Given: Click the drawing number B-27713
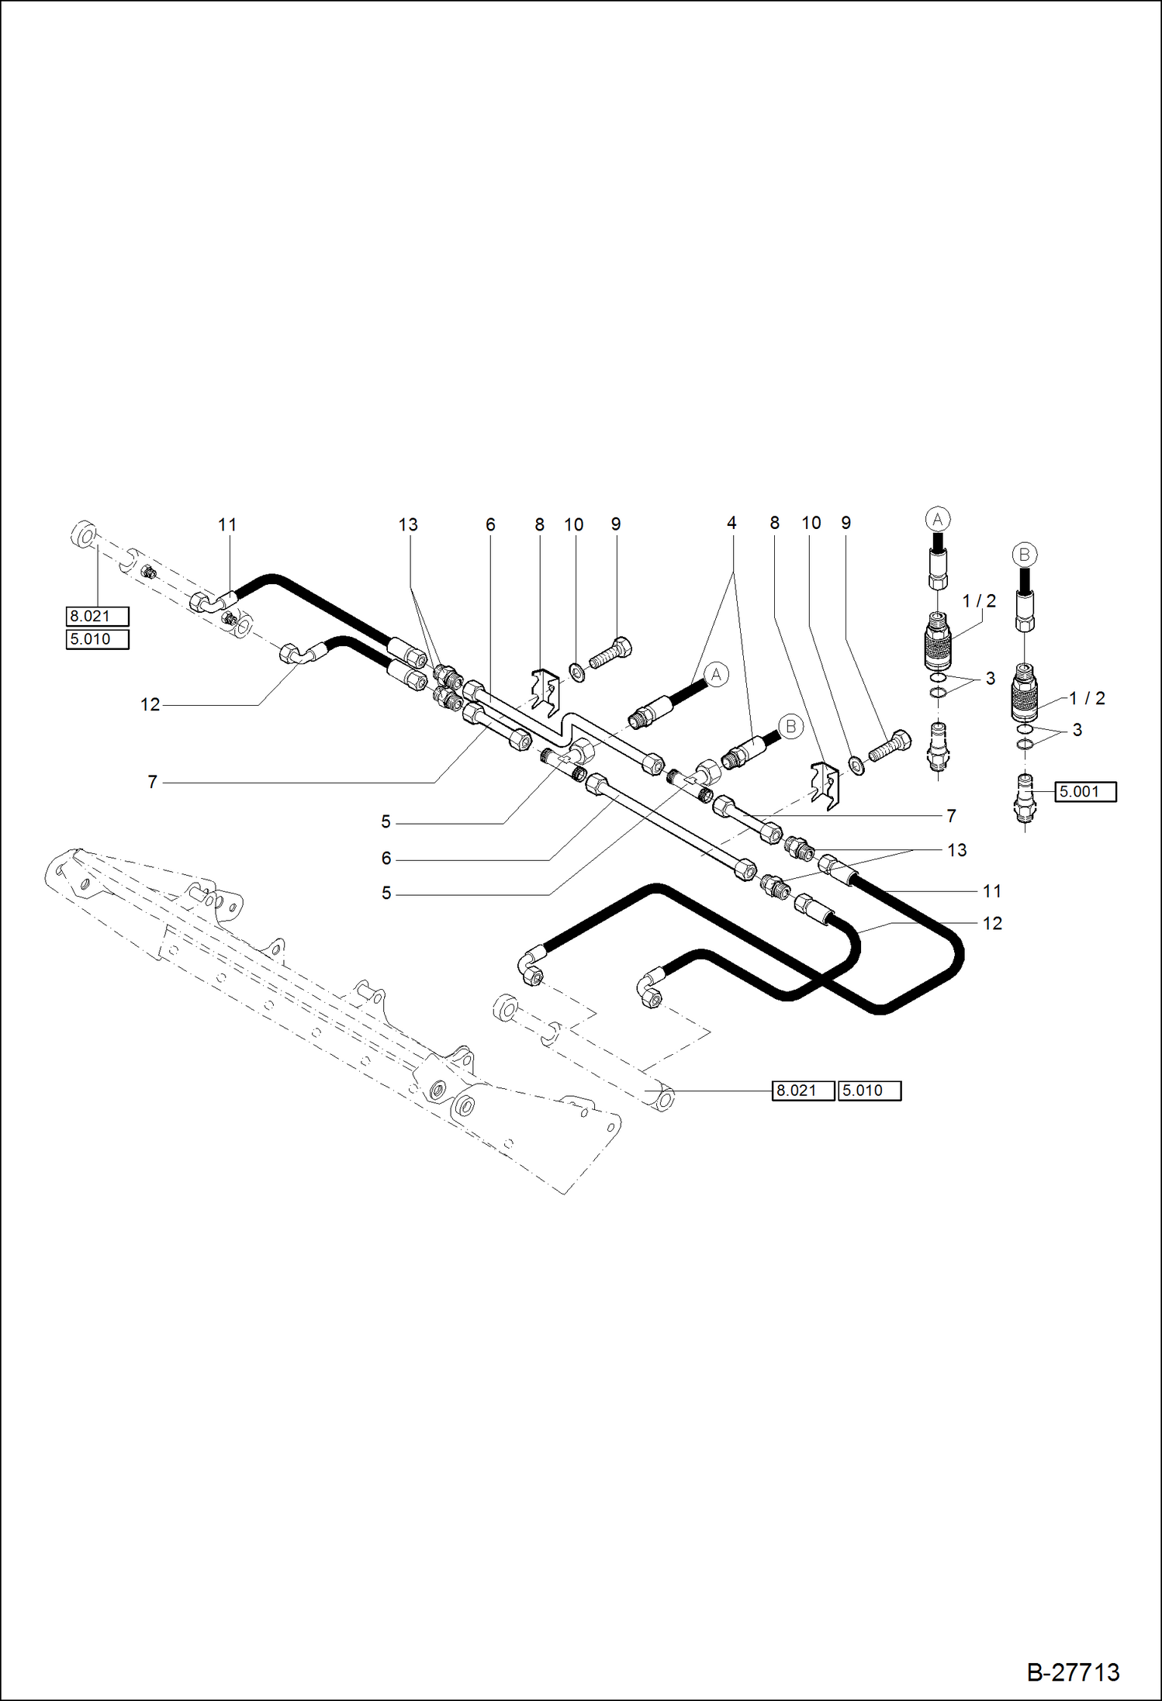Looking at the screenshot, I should point(1073,1672).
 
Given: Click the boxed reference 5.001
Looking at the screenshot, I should point(1085,792).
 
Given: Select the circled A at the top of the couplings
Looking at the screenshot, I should point(938,519).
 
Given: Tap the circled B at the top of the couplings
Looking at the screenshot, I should point(1024,555).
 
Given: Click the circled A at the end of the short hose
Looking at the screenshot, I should point(716,674).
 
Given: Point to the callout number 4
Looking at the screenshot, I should point(731,524).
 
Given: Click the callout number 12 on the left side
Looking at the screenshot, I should point(150,705).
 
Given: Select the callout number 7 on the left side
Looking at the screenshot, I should point(153,783).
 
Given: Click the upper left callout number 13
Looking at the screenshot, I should point(408,525).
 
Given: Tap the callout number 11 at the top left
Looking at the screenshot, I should point(227,525).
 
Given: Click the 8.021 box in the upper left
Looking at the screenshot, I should point(97,617).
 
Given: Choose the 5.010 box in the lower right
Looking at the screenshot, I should point(869,1091).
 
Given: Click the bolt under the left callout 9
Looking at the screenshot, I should point(611,652).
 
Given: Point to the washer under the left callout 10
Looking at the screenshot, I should point(577,672).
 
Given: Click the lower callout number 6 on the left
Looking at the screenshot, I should point(386,859).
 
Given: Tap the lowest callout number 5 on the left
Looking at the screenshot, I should point(386,894).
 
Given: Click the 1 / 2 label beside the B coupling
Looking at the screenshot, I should point(1087,698).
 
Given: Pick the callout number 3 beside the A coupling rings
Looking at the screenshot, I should point(991,679).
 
